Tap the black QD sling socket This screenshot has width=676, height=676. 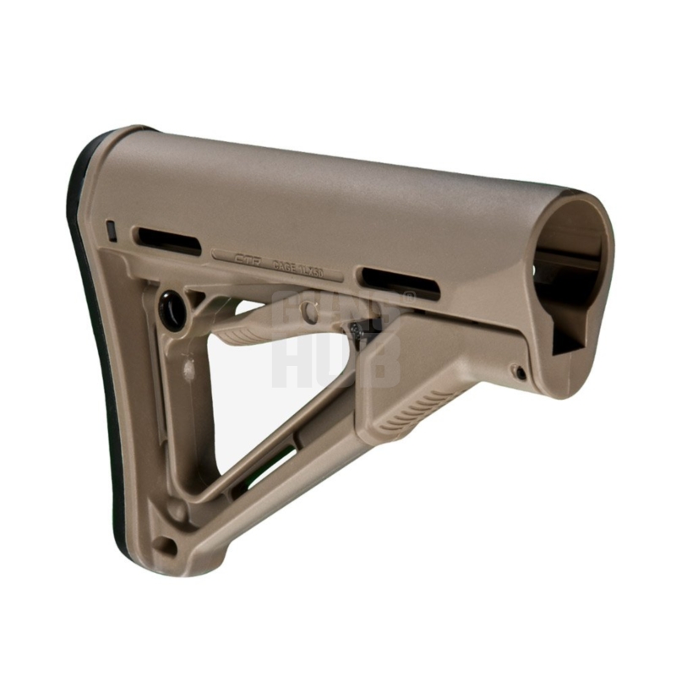pos(172,310)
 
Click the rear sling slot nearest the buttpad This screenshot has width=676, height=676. pos(168,240)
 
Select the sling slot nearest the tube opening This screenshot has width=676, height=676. pos(398,282)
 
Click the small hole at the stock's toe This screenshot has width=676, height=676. pos(166,546)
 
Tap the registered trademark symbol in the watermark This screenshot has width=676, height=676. pos(409,297)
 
